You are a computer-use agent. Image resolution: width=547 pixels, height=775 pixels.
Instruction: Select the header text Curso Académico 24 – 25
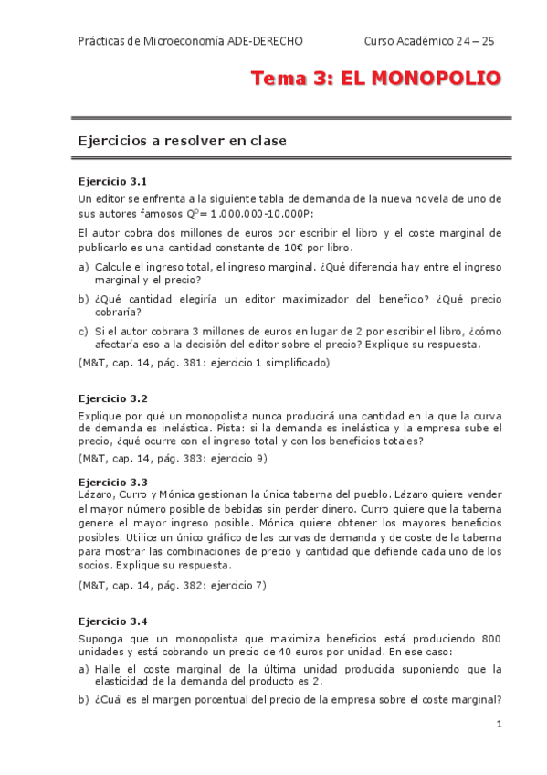428,41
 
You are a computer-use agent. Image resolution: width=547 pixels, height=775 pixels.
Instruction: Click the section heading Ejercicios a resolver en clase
183,141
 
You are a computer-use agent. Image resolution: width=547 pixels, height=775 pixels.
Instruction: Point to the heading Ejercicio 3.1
113,182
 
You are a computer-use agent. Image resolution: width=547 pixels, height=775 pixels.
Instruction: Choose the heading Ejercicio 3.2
113,398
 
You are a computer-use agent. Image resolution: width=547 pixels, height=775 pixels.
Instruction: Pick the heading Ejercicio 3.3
113,482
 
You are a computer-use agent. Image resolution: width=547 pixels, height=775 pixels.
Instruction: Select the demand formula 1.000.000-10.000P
260,213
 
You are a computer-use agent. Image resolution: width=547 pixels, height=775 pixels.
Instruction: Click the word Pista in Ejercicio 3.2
259,428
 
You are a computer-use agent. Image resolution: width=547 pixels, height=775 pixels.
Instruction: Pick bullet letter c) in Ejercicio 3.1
83,331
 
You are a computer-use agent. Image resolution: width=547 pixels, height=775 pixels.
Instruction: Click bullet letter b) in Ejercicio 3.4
83,700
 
